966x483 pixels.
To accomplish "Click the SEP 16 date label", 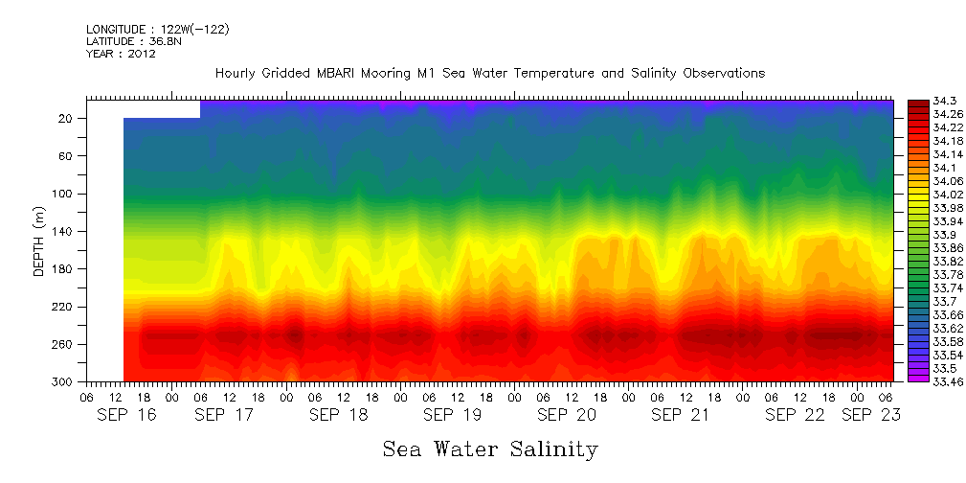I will click(x=127, y=415).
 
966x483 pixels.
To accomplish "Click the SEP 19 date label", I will click(x=452, y=415).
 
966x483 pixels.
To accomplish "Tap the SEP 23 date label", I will click(x=870, y=415).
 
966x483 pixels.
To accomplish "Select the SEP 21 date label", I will click(x=680, y=415).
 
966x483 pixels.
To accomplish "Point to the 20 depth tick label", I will click(x=67, y=119).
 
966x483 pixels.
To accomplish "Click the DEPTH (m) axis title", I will click(x=39, y=244).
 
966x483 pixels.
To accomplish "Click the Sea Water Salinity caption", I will click(x=490, y=449).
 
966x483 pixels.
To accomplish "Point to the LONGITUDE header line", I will click(x=157, y=30).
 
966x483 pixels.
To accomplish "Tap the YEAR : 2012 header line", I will click(x=122, y=55).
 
